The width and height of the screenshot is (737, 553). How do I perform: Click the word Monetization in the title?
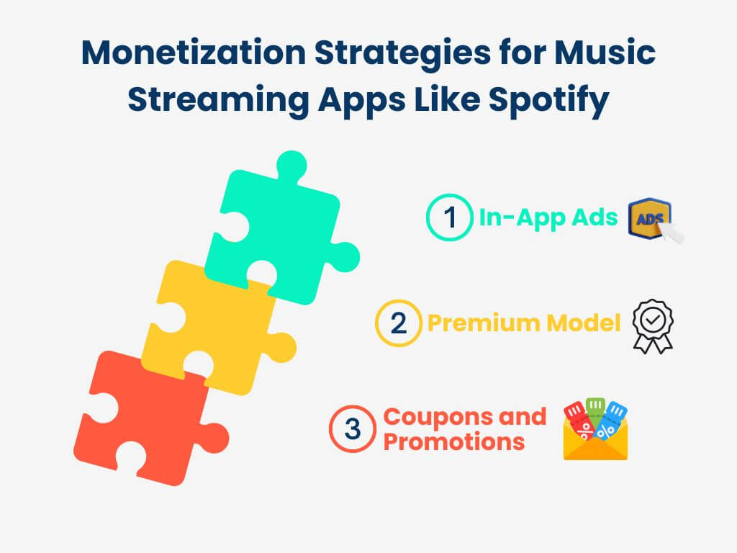point(194,52)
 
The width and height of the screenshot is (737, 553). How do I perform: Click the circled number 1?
point(450,217)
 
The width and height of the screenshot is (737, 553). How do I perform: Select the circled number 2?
point(399,323)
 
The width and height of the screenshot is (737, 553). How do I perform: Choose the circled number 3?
point(353,429)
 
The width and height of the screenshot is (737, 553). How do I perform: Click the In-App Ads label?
point(548,218)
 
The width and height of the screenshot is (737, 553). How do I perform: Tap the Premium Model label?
point(524,323)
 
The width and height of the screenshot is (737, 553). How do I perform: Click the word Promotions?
point(454,442)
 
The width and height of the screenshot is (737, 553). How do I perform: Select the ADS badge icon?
point(654,219)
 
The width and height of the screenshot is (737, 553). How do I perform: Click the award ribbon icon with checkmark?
point(653,326)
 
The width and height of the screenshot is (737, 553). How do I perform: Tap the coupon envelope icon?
point(595,430)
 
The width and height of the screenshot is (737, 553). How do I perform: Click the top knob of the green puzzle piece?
point(292,166)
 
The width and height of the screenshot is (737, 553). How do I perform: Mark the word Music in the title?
point(605,52)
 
